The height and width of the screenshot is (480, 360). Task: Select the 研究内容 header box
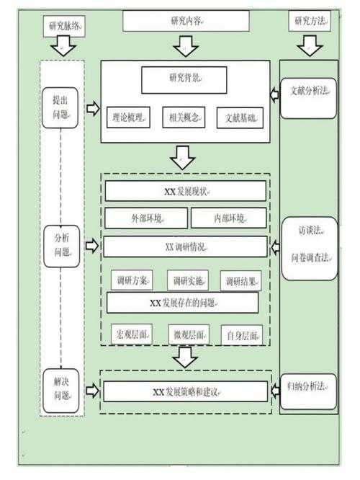pyautogui.click(x=185, y=22)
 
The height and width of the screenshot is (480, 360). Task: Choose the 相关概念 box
pyautogui.click(x=185, y=117)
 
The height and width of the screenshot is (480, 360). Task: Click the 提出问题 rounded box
pyautogui.click(x=60, y=107)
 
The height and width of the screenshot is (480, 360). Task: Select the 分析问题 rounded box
pyautogui.click(x=60, y=246)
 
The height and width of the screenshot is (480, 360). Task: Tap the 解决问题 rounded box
pyautogui.click(x=60, y=390)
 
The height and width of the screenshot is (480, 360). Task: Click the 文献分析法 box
pyautogui.click(x=309, y=93)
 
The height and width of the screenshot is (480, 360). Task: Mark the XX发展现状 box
pyautogui.click(x=185, y=191)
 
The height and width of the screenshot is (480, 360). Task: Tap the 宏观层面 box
pyautogui.click(x=132, y=334)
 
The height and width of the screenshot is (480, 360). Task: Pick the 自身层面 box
pyautogui.click(x=241, y=334)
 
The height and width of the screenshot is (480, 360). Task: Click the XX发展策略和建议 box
pyautogui.click(x=185, y=392)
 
